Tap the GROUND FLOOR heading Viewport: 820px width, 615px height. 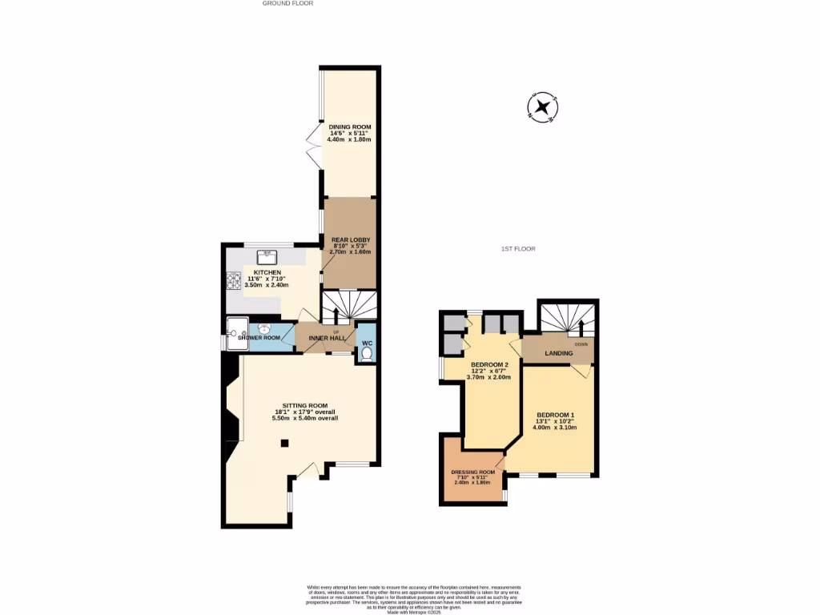pyautogui.click(x=287, y=3)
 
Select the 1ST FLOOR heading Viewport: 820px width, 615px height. pyautogui.click(x=518, y=249)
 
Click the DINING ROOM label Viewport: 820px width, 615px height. pyautogui.click(x=350, y=127)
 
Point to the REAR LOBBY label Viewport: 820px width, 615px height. pyautogui.click(x=350, y=239)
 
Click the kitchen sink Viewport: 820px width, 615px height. pyautogui.click(x=267, y=257)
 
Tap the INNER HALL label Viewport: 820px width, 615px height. pyautogui.click(x=326, y=339)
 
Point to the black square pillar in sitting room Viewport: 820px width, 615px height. pyautogui.click(x=284, y=443)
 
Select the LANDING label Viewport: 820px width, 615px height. pyautogui.click(x=558, y=352)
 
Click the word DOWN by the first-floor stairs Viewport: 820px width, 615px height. pyautogui.click(x=581, y=344)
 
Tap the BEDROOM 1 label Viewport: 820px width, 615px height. pyautogui.click(x=554, y=415)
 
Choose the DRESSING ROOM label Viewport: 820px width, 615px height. pyautogui.click(x=472, y=472)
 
